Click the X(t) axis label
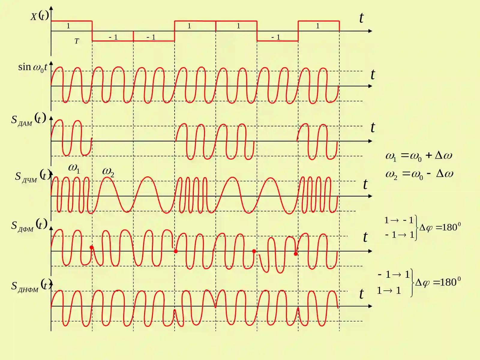click(40, 16)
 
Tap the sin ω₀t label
click(33, 67)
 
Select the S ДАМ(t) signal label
click(28, 119)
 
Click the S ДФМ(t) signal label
click(29, 225)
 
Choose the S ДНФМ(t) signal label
click(31, 286)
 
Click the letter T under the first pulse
click(76, 41)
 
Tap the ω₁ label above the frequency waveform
click(74, 169)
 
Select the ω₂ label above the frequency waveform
click(108, 172)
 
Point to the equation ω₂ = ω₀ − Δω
click(419, 174)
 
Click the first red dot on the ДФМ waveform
click(91, 247)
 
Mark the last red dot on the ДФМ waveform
click(296, 254)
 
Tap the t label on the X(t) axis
click(361, 18)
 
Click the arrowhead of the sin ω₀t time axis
click(370, 86)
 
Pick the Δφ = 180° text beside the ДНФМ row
click(438, 282)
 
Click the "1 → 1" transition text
click(389, 290)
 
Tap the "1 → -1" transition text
click(399, 220)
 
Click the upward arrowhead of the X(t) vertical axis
click(51, 8)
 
